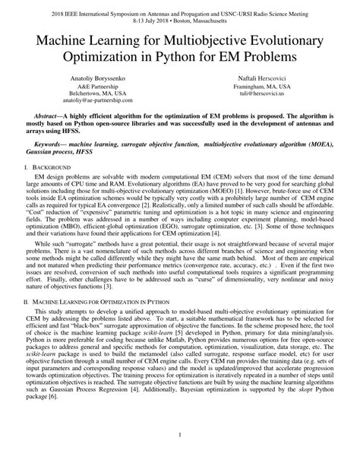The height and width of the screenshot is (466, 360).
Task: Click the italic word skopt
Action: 304,410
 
